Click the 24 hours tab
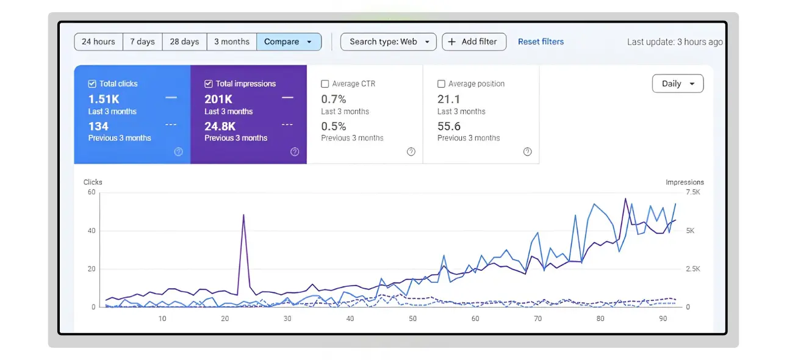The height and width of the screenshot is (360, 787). (98, 41)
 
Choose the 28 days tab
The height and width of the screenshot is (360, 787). (184, 41)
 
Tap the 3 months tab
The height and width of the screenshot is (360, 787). (231, 41)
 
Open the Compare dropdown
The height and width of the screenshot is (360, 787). (289, 41)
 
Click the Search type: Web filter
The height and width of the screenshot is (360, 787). (388, 41)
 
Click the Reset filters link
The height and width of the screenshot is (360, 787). (541, 41)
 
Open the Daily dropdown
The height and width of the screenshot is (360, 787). (678, 84)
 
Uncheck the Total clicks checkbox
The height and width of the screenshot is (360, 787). (92, 84)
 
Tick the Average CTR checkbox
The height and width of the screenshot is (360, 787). (325, 84)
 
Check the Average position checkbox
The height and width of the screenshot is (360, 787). (441, 84)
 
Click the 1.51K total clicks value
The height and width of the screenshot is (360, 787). (104, 99)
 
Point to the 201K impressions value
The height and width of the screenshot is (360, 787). (218, 99)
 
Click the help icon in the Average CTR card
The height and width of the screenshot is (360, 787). (411, 152)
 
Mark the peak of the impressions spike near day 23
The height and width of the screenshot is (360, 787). (243, 215)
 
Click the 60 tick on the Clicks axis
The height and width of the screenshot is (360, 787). (92, 192)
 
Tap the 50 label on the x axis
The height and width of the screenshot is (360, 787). (412, 319)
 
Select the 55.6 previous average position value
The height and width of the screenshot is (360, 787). (449, 126)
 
